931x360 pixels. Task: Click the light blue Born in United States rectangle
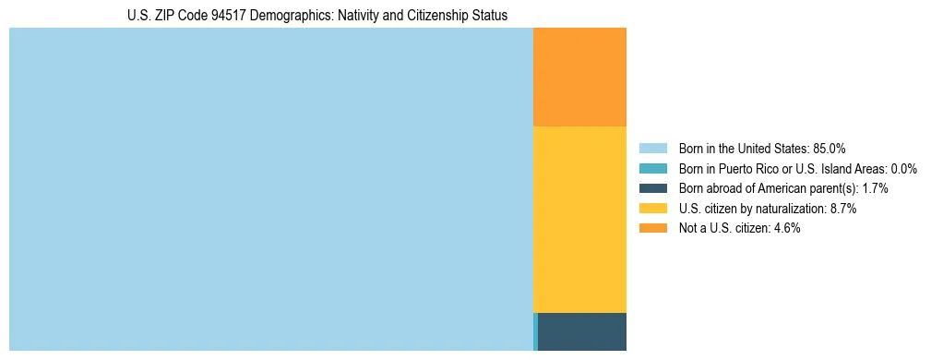tap(271, 189)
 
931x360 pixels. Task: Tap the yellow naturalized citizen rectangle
tap(579, 219)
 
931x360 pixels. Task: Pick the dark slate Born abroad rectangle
tap(582, 331)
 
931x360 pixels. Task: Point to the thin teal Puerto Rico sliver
tap(535, 331)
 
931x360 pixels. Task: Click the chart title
tap(316, 16)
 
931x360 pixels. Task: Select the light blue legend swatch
tap(652, 148)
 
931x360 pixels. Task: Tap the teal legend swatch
tap(652, 168)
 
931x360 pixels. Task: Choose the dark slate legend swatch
tap(652, 188)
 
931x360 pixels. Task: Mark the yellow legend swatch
tap(652, 209)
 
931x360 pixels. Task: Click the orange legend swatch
tap(652, 228)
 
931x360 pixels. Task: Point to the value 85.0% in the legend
tap(830, 148)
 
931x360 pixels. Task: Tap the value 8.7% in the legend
tap(841, 209)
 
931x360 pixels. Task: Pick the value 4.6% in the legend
tap(785, 228)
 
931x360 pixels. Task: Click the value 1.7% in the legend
tap(875, 188)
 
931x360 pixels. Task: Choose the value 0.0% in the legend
tap(903, 168)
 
